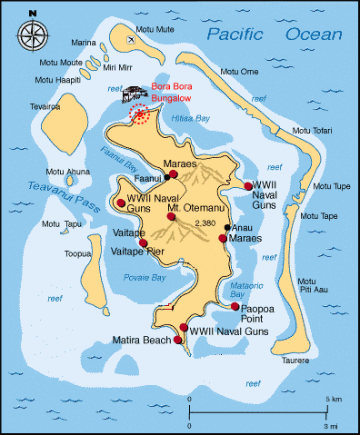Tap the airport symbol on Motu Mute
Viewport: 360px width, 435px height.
pos(133,39)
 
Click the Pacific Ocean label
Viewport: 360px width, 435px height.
pos(274,35)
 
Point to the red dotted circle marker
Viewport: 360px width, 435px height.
pos(165,113)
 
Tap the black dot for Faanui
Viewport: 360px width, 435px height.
pos(166,178)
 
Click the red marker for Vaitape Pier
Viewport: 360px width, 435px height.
pos(144,242)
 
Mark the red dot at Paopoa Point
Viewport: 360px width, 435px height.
pos(235,307)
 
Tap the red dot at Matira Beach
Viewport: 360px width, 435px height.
pos(178,341)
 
